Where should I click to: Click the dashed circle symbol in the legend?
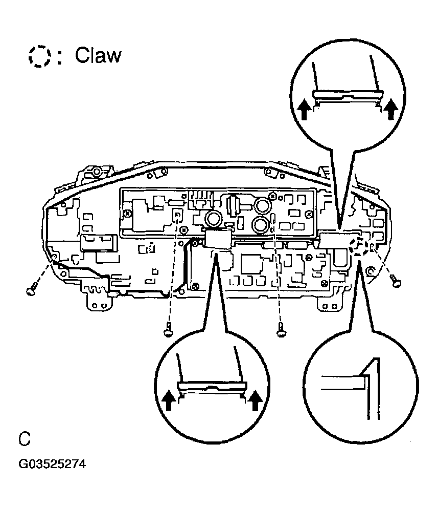click(x=40, y=55)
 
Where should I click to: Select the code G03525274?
click(x=52, y=464)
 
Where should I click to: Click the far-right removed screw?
click(x=395, y=280)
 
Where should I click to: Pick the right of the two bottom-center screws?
click(x=281, y=333)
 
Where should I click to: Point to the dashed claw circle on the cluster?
click(x=359, y=246)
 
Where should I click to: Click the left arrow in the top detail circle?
click(x=304, y=109)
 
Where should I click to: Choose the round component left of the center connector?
click(x=213, y=220)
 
